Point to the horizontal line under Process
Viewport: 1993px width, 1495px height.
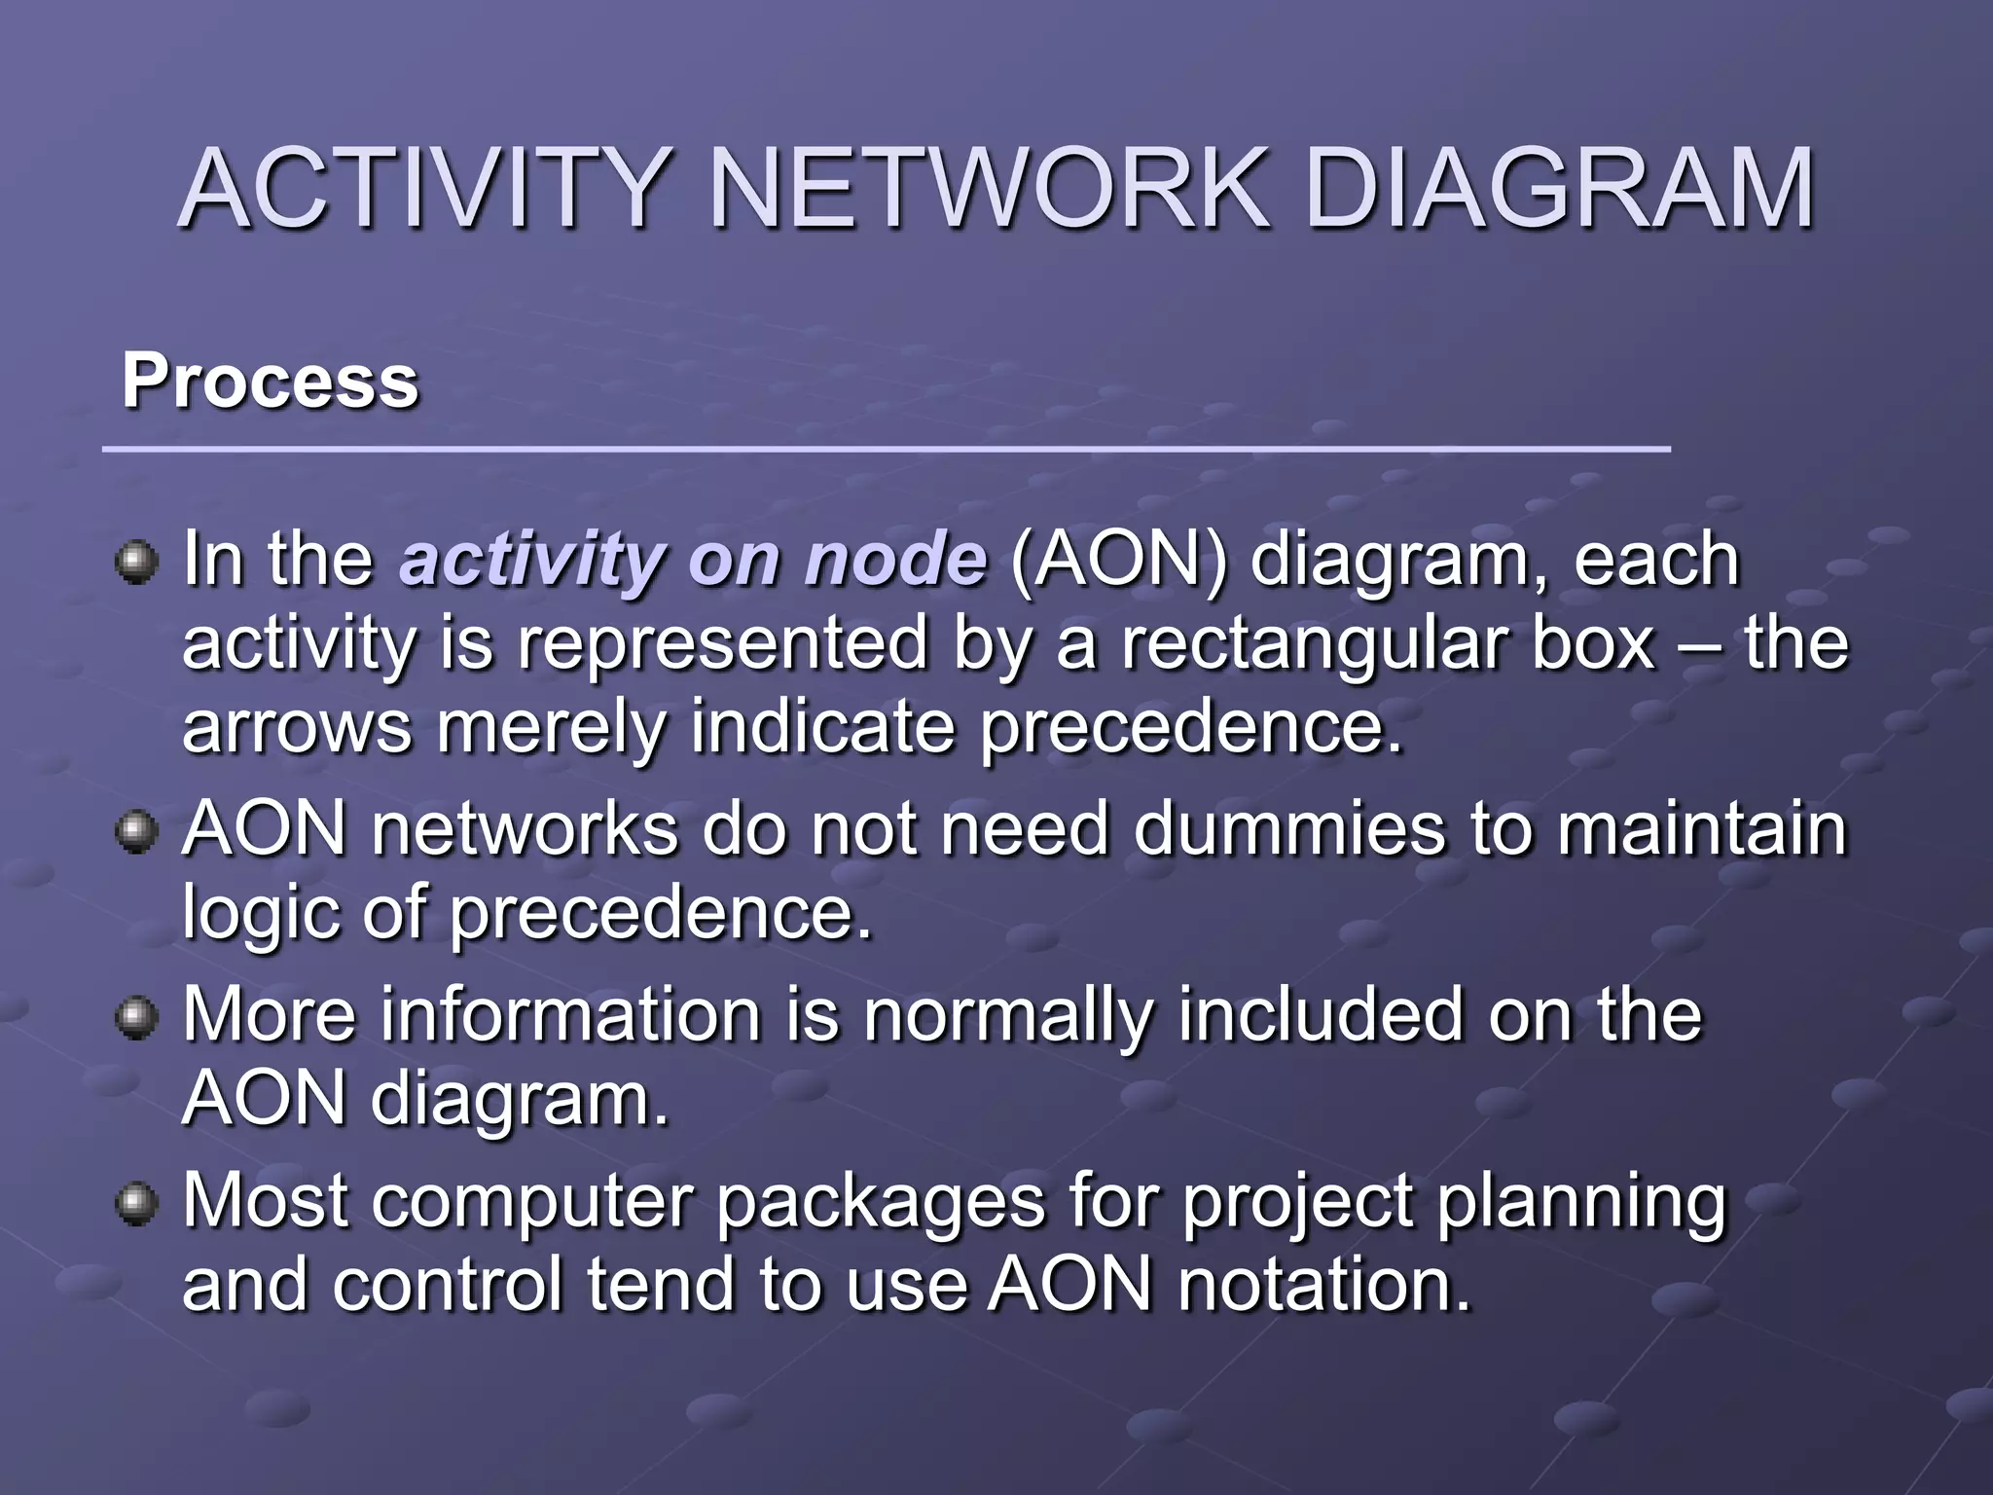(886, 450)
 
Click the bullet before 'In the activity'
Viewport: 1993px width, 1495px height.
(136, 563)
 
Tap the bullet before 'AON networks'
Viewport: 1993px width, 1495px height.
(136, 833)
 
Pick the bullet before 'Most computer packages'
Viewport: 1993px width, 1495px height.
(136, 1204)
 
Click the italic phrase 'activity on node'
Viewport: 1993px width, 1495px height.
(693, 561)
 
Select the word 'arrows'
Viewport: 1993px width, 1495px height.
(297, 729)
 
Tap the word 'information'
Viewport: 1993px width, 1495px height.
(570, 1014)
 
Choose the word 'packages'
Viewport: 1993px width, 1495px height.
(881, 1201)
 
